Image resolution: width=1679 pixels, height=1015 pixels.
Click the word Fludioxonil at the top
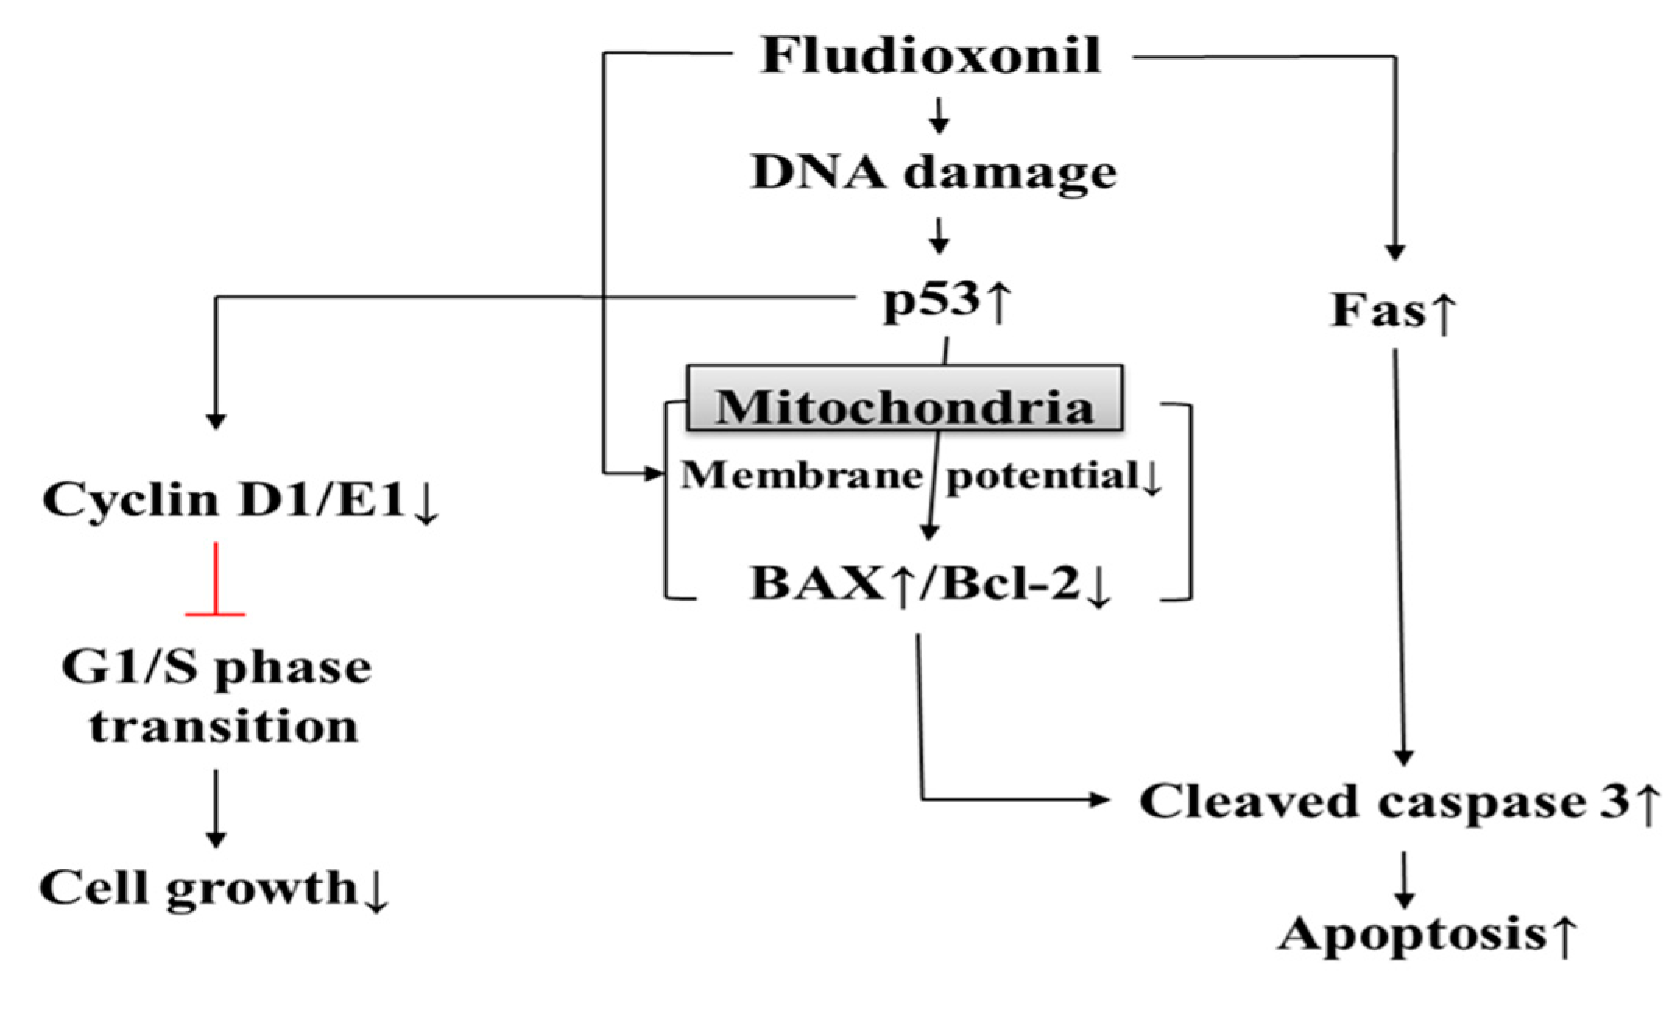pyautogui.click(x=931, y=56)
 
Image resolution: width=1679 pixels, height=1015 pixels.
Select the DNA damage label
pyautogui.click(x=933, y=173)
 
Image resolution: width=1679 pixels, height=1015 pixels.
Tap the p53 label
pyautogui.click(x=946, y=301)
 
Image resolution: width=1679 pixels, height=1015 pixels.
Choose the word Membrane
pyautogui.click(x=802, y=474)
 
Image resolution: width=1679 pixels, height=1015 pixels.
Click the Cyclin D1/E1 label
pyautogui.click(x=240, y=499)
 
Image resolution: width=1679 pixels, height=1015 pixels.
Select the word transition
pyautogui.click(x=224, y=726)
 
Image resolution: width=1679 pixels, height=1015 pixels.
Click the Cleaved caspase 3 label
pyautogui.click(x=1399, y=802)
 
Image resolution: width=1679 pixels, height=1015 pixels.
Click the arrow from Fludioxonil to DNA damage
pyautogui.click(x=940, y=115)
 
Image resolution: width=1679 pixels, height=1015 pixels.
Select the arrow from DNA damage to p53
pyautogui.click(x=940, y=235)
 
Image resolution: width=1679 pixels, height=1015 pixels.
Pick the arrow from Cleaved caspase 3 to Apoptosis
pyautogui.click(x=1404, y=880)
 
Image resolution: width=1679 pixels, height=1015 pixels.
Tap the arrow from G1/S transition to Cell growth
pyautogui.click(x=216, y=809)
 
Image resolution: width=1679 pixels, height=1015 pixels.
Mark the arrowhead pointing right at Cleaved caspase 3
pyautogui.click(x=1099, y=799)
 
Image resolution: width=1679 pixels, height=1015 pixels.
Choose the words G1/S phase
pyautogui.click(x=217, y=668)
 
